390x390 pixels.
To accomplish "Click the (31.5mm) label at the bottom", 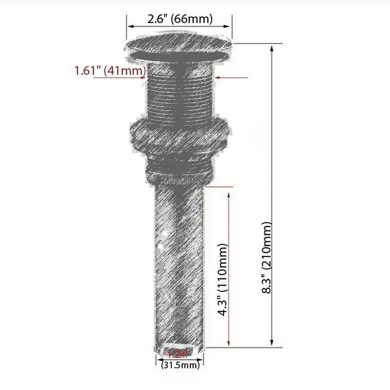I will pos(180,365).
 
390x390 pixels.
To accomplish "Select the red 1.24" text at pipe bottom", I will pos(177,354).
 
